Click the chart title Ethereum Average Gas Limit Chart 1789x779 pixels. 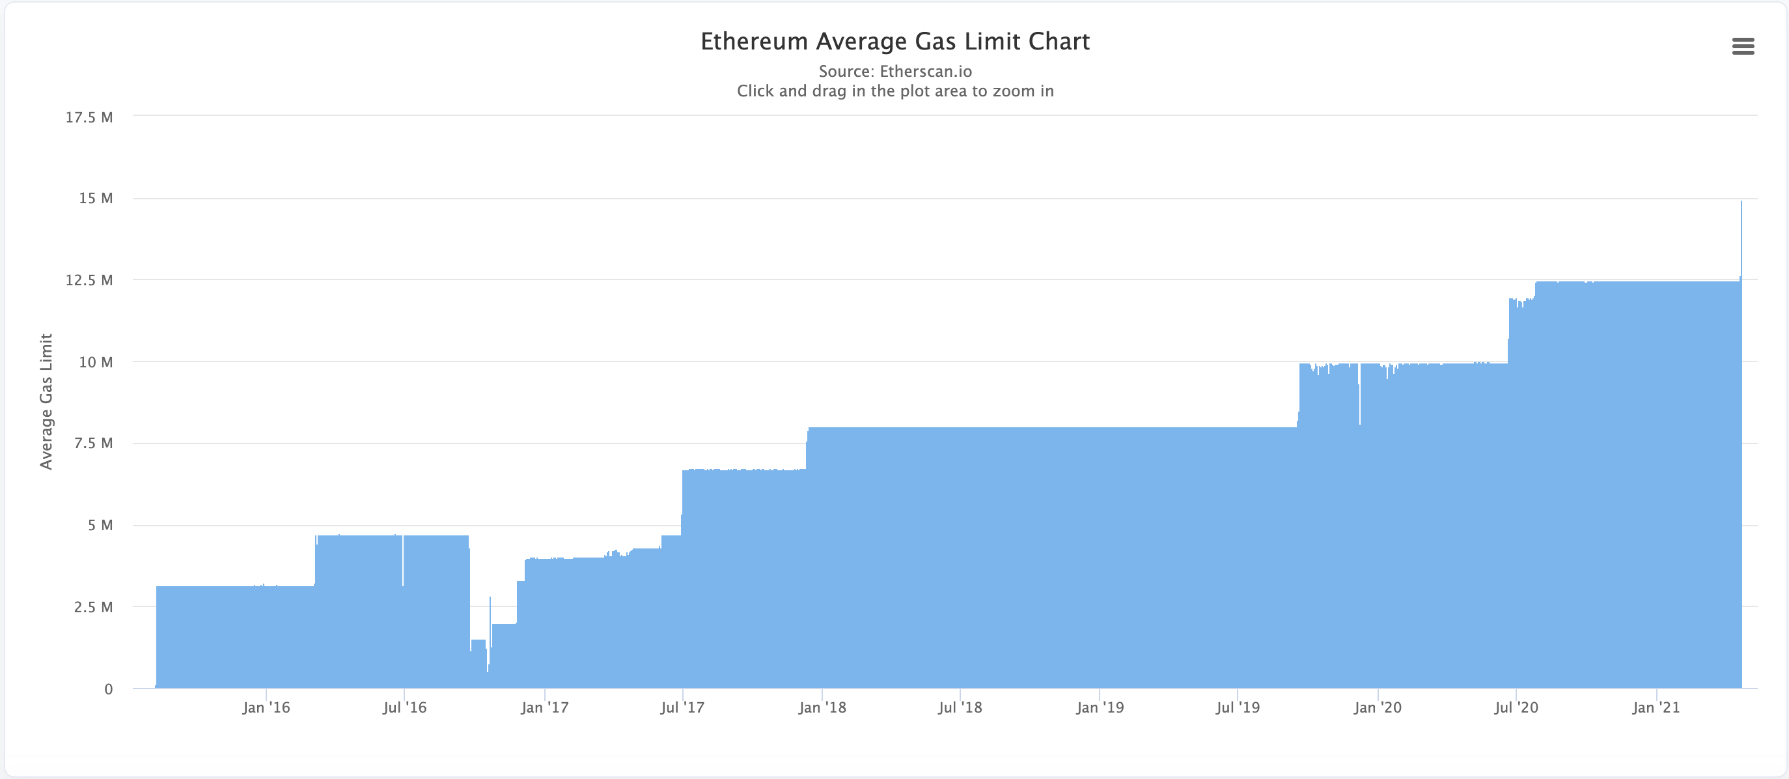point(894,42)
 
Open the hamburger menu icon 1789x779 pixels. point(1743,46)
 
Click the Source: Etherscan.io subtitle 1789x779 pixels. point(894,72)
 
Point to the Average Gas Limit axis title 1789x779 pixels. point(46,402)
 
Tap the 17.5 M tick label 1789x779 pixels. point(89,117)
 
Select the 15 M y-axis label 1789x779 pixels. point(96,199)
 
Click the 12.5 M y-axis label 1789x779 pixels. point(89,280)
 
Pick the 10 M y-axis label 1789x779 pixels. point(96,362)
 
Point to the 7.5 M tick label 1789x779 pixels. point(93,444)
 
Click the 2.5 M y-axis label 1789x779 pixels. point(93,607)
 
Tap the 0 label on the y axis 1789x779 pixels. point(108,689)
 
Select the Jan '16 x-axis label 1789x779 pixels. point(266,707)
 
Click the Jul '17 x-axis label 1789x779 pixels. point(682,707)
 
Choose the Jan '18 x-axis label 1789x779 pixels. point(822,707)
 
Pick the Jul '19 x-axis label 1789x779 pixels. point(1237,707)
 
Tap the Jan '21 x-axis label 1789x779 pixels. point(1656,707)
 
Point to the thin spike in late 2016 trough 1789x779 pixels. point(490,600)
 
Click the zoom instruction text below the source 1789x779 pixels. point(894,91)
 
